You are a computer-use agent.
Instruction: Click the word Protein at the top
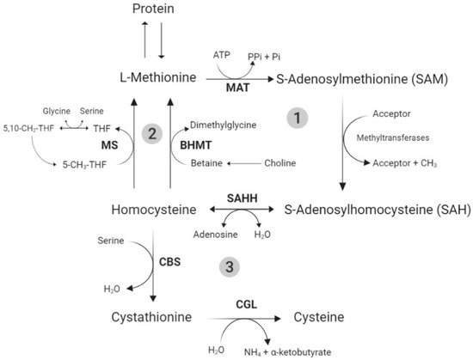tap(157, 9)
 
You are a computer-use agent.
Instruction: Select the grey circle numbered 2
tap(152, 133)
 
